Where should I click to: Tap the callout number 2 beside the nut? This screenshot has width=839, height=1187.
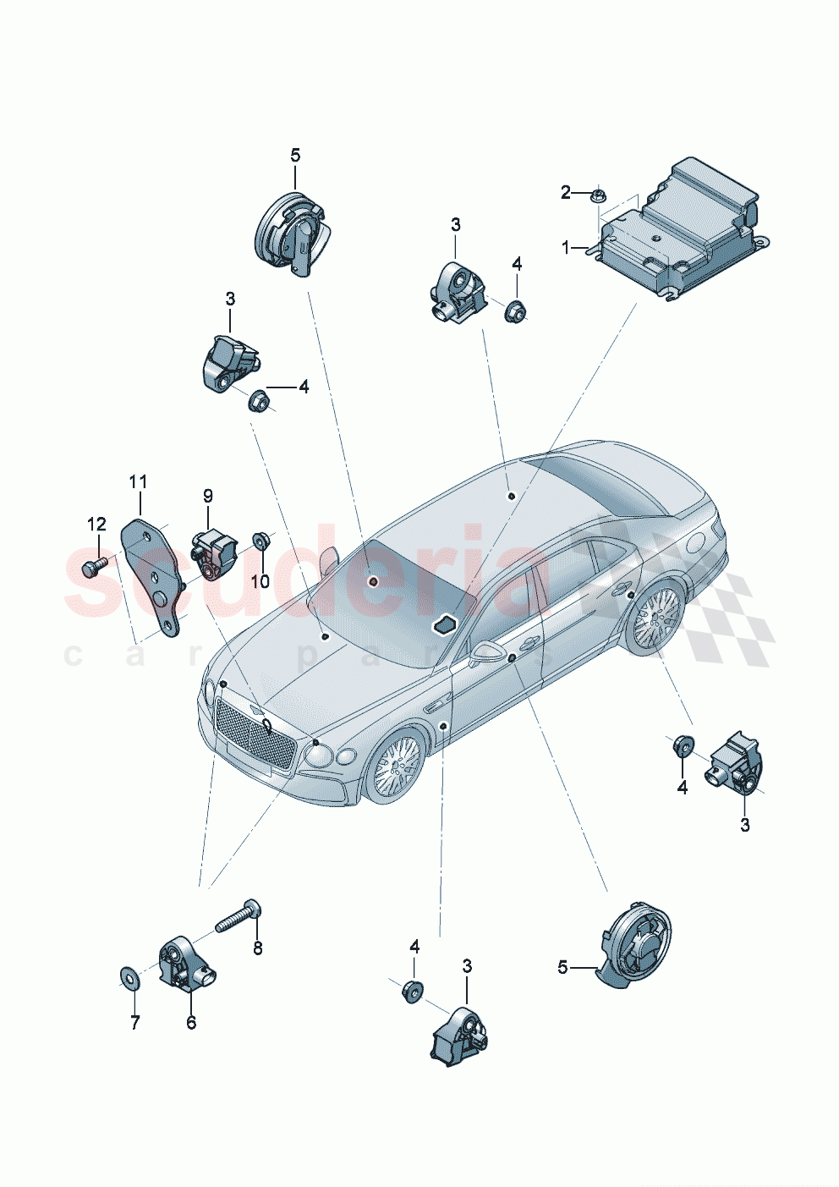tap(566, 193)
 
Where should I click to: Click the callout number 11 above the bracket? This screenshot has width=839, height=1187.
tap(138, 482)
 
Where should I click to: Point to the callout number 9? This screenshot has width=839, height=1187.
tap(207, 496)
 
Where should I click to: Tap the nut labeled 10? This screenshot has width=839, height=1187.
tap(260, 540)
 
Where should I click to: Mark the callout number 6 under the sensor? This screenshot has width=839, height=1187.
tap(191, 1023)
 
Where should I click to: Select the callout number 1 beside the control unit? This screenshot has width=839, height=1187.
tap(566, 247)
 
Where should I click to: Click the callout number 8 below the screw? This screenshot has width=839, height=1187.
tap(258, 949)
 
